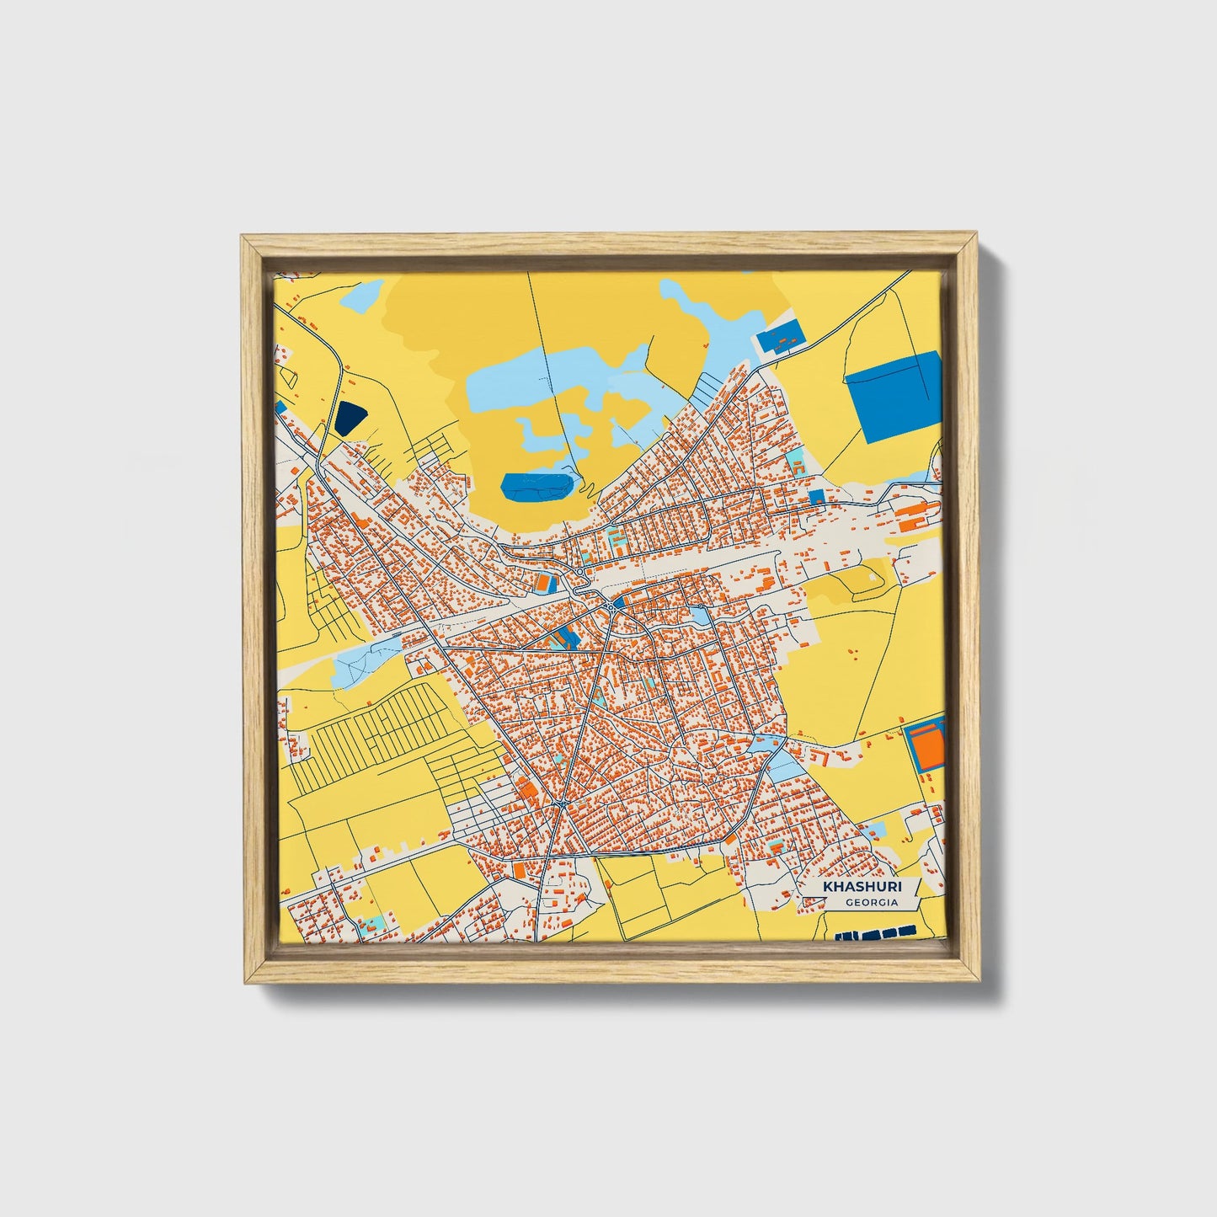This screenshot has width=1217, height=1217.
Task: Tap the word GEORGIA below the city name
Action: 872,903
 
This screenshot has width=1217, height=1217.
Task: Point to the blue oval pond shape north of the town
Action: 537,485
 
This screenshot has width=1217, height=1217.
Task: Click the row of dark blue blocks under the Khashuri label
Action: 875,933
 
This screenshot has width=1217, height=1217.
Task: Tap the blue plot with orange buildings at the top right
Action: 781,339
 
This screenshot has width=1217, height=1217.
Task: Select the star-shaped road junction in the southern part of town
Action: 562,806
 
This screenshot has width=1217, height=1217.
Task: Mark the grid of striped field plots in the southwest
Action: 379,731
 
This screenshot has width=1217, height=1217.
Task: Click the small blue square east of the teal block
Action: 815,497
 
